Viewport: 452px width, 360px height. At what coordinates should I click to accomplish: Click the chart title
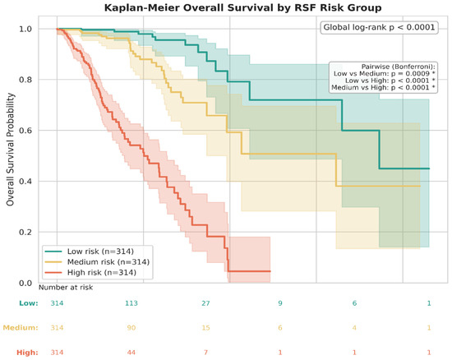click(x=242, y=7)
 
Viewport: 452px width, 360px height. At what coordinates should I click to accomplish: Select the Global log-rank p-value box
click(x=379, y=27)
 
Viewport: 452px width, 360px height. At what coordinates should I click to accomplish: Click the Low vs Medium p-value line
click(x=385, y=73)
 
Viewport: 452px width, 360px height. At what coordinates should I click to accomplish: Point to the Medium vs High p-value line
click(x=383, y=87)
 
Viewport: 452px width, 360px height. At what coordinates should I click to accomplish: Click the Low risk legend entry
click(x=90, y=252)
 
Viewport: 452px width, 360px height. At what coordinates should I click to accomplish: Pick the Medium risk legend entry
click(x=97, y=262)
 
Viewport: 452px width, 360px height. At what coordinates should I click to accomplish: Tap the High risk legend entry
click(x=90, y=272)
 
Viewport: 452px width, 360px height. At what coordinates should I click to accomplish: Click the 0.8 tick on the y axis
click(x=25, y=80)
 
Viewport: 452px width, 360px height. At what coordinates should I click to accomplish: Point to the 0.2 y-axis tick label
click(x=25, y=232)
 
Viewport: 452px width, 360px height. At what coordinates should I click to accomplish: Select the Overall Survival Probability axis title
click(x=10, y=150)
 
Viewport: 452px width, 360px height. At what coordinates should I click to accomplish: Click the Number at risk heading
click(x=66, y=288)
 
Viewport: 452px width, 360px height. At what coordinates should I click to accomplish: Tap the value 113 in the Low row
click(x=131, y=303)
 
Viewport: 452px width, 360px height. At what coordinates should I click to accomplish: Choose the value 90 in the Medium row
click(x=131, y=328)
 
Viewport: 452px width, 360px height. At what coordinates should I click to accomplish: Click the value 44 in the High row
click(x=131, y=353)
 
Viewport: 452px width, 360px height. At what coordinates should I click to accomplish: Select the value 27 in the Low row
click(x=205, y=303)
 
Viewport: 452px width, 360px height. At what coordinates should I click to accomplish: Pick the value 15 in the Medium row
click(x=205, y=328)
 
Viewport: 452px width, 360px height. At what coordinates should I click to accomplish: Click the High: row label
click(x=27, y=353)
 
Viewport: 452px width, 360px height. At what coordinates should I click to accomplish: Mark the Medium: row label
click(x=21, y=328)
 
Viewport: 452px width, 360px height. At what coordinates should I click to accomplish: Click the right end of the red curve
click(x=270, y=271)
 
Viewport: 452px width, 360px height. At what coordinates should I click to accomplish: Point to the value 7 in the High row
click(x=205, y=353)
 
